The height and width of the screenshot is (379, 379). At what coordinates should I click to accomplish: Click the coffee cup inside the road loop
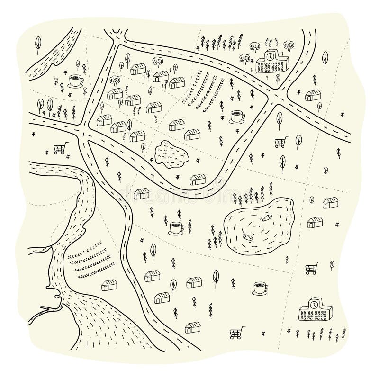tap(236, 116)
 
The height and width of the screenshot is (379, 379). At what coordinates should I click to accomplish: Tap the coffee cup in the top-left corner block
tap(75, 80)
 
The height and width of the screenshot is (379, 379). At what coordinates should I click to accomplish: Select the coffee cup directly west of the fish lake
tap(177, 228)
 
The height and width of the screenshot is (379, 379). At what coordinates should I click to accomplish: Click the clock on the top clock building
tap(269, 56)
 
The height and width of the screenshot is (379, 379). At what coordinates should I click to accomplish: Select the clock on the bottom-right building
tap(313, 304)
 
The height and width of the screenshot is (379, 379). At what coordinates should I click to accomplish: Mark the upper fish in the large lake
tap(267, 218)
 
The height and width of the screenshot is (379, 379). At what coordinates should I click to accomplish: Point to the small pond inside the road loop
tap(171, 154)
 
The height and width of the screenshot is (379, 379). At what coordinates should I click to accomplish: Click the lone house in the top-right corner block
tap(312, 95)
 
